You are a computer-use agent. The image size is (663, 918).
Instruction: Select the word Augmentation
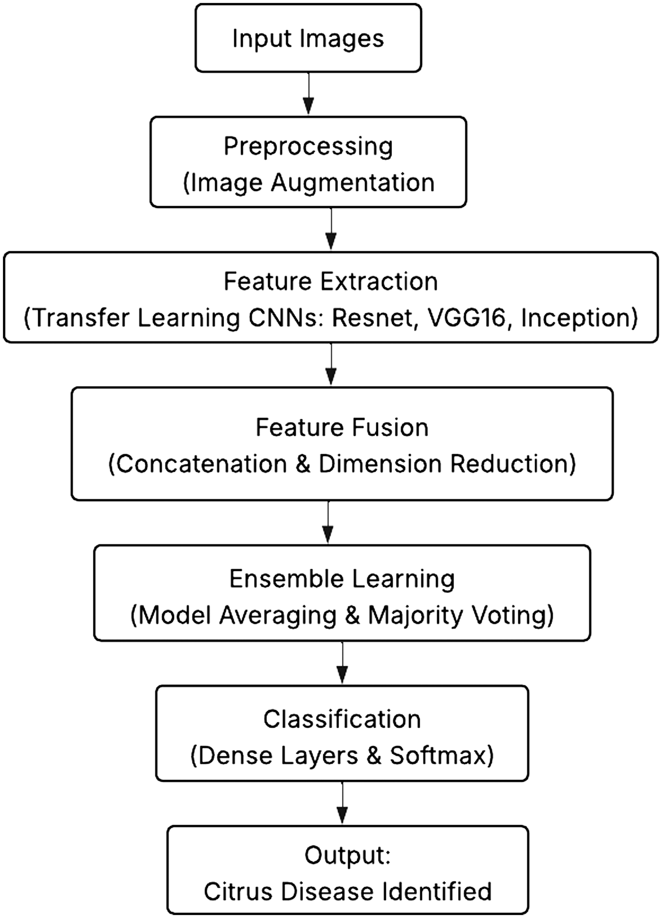(353, 183)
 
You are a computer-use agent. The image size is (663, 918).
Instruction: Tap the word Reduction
(512, 463)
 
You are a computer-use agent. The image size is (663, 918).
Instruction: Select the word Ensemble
(281, 579)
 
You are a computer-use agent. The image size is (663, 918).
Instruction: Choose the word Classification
(342, 720)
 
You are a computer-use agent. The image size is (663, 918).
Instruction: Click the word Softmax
(441, 755)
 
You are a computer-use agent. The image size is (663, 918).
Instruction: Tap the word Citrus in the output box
(238, 892)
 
